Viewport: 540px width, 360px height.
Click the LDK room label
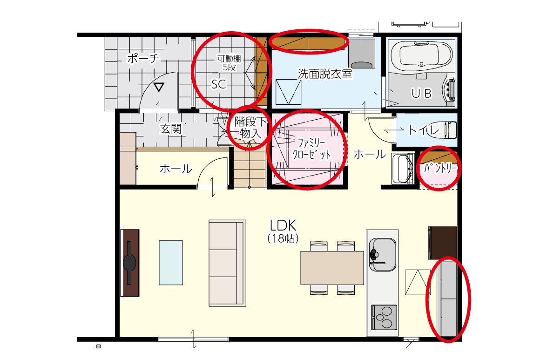(283, 226)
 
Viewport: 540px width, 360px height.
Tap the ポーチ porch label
(143, 58)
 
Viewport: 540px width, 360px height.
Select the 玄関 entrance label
(171, 129)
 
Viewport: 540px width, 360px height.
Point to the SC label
(219, 84)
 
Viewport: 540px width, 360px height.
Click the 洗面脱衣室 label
(325, 74)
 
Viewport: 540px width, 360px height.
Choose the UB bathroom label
(422, 93)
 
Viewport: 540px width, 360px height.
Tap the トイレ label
(424, 130)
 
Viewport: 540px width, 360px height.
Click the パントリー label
(440, 168)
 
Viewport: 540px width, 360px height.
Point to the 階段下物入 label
(250, 128)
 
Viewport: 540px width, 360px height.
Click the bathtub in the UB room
(422, 55)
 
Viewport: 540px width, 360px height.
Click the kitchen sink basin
(383, 254)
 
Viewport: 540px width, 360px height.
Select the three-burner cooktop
(384, 317)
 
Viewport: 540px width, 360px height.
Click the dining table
(332, 268)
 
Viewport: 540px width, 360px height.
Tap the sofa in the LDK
(227, 263)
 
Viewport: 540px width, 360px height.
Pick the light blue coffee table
(171, 263)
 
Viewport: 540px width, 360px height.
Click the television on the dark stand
(129, 263)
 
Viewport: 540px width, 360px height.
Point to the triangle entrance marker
(159, 88)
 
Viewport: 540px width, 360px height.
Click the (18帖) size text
(283, 238)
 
